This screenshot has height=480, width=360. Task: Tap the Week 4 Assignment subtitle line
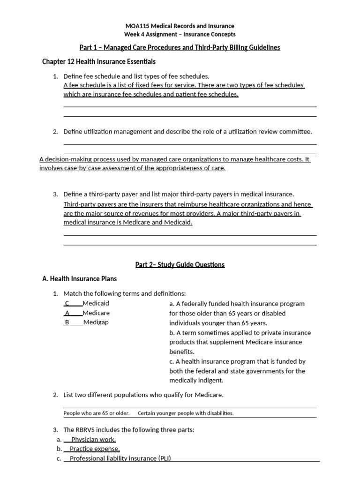(x=180, y=34)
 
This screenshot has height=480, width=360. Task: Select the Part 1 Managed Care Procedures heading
(x=180, y=48)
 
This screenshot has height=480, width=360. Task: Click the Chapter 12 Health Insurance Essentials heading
(x=99, y=61)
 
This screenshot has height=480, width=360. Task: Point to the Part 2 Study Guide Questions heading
(x=180, y=265)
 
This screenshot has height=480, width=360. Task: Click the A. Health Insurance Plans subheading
(x=79, y=279)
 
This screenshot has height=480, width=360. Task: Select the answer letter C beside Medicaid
(x=67, y=303)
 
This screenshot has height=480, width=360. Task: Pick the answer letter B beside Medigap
(x=67, y=322)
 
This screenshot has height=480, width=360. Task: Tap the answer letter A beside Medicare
(x=67, y=313)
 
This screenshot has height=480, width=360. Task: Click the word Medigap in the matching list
(x=96, y=322)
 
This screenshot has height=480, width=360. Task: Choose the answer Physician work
(x=93, y=440)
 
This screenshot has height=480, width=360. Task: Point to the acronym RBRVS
(x=85, y=429)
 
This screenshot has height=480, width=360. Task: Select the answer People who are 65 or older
(x=97, y=413)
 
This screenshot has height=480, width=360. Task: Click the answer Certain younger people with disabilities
(x=186, y=413)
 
